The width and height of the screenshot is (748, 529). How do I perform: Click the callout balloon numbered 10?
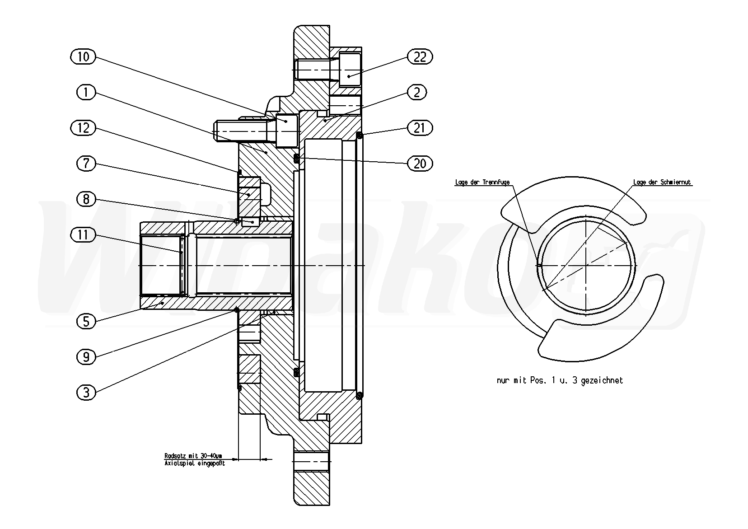(x=84, y=56)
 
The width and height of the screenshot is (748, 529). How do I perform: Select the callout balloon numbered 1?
(x=86, y=93)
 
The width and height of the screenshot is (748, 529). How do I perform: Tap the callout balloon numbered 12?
(x=84, y=128)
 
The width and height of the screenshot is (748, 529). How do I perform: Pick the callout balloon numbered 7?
(x=86, y=164)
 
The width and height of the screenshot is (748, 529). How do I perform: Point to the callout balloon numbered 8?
(x=86, y=199)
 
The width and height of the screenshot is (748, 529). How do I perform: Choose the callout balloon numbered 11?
(x=84, y=234)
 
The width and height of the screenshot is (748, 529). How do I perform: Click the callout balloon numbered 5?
(x=86, y=321)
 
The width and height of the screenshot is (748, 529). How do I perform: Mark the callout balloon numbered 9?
(x=86, y=357)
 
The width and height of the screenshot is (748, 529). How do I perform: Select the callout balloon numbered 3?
(x=86, y=393)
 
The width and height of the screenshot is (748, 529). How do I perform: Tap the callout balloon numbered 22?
(x=420, y=56)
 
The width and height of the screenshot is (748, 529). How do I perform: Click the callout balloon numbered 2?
(x=416, y=93)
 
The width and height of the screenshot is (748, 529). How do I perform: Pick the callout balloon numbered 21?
(x=420, y=128)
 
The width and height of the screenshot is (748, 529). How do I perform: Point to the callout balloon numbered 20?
(x=420, y=164)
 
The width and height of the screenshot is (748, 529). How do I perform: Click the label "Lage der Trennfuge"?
(x=482, y=183)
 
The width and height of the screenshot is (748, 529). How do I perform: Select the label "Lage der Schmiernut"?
(x=662, y=183)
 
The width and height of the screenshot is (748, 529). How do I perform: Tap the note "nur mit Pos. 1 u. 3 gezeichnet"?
(x=560, y=380)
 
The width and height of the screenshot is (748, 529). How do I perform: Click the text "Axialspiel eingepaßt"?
(x=194, y=463)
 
